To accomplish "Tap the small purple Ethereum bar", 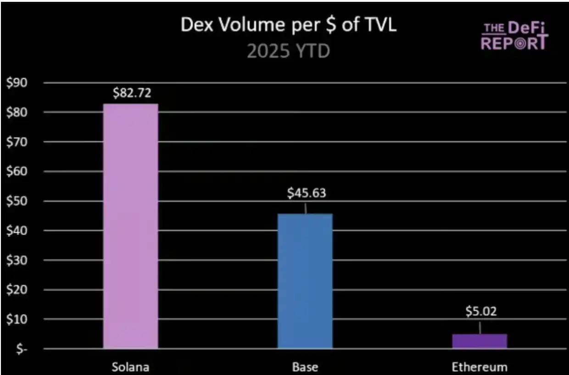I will (x=480, y=341).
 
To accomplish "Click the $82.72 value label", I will (x=132, y=94).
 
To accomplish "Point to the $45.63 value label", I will (x=307, y=193).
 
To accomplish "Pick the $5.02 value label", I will (x=481, y=312).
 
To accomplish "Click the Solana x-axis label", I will (x=131, y=367).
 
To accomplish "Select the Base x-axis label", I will (x=305, y=367).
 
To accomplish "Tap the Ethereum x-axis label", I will (x=480, y=367).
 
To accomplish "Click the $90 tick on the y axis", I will (x=17, y=83).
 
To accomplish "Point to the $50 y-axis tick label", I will (x=17, y=201).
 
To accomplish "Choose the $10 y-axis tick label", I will (x=17, y=319).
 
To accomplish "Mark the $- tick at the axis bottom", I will (x=19, y=349).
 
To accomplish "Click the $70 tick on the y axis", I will (x=17, y=142).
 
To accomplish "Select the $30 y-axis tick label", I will (x=17, y=260).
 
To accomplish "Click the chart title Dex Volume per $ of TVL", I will (x=289, y=26).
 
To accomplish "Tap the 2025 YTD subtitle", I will (x=289, y=51).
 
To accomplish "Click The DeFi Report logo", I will (x=514, y=36).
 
